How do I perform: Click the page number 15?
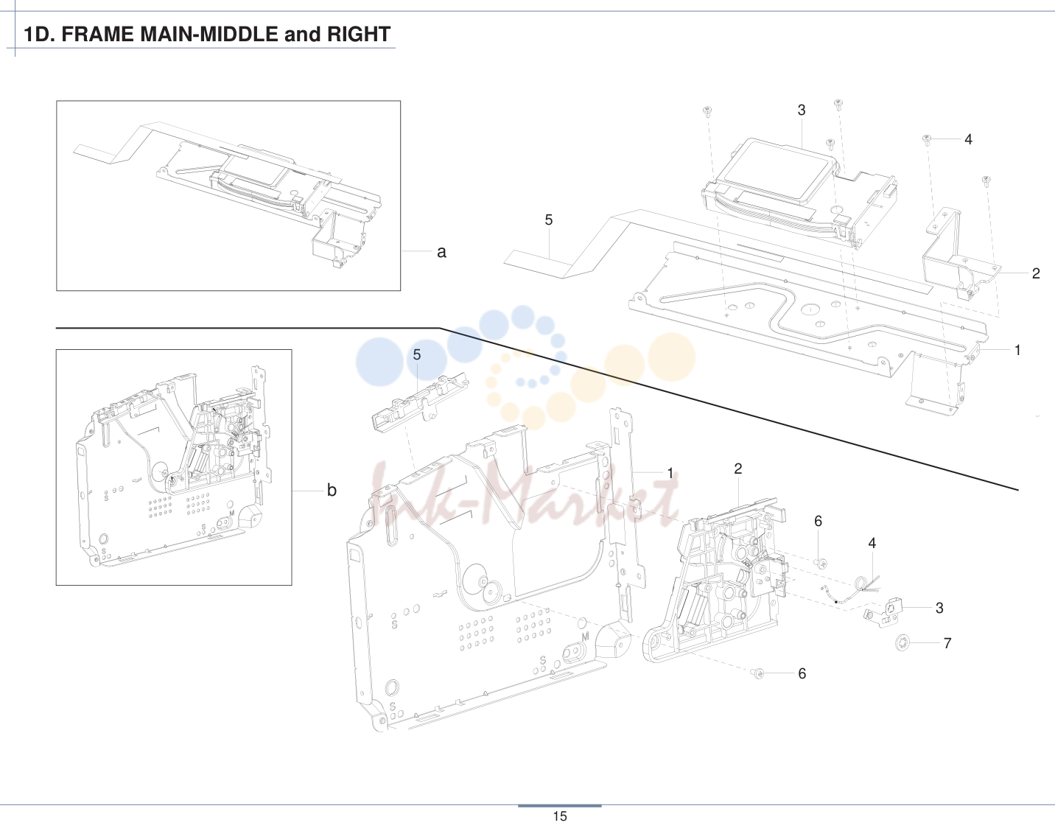coord(560,816)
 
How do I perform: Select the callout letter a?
coord(441,252)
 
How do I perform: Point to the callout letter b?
coord(332,490)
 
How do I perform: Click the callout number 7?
coord(947,643)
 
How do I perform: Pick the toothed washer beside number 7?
coord(902,642)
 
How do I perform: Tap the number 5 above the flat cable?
coord(549,220)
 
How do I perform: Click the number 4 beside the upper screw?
coord(968,139)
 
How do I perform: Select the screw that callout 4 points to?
coord(927,140)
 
